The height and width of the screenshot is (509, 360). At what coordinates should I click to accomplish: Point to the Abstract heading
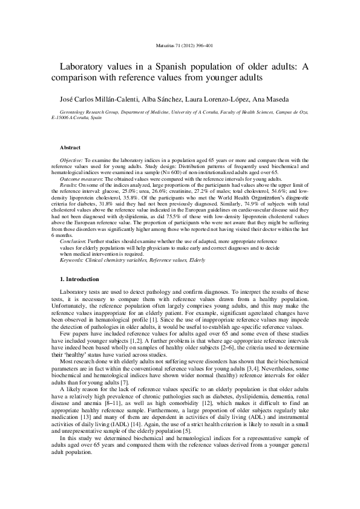pyautogui.click(x=71, y=147)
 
